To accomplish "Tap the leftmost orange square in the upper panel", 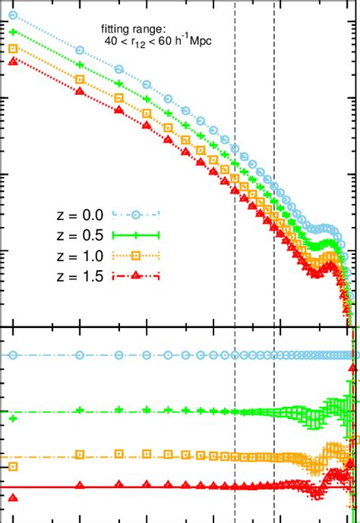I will click(x=11, y=49).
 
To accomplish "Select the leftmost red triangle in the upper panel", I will click(x=11, y=61).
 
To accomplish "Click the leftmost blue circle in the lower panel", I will click(x=11, y=354).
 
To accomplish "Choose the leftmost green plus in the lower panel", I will click(x=11, y=418).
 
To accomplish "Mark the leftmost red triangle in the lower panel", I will click(x=11, y=498).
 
